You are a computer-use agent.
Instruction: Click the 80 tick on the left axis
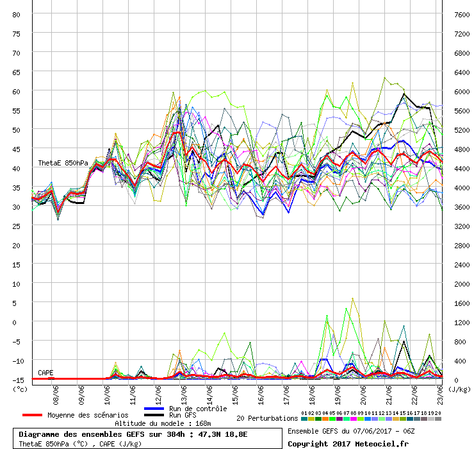[17, 14]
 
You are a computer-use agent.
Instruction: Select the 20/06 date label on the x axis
[364, 390]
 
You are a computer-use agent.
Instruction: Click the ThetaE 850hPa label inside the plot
[63, 163]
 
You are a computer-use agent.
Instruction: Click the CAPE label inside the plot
[45, 373]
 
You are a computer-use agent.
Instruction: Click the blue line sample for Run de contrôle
[155, 409]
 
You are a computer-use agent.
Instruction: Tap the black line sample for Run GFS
[155, 416]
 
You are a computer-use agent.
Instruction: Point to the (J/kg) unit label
[459, 389]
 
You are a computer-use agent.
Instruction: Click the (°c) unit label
[20, 389]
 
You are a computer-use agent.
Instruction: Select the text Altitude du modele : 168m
[163, 424]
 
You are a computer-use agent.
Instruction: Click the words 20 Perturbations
[266, 418]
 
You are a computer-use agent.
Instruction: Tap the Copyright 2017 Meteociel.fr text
[348, 443]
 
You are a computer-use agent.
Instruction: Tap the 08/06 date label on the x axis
[56, 390]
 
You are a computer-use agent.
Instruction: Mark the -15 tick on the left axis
[17, 380]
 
